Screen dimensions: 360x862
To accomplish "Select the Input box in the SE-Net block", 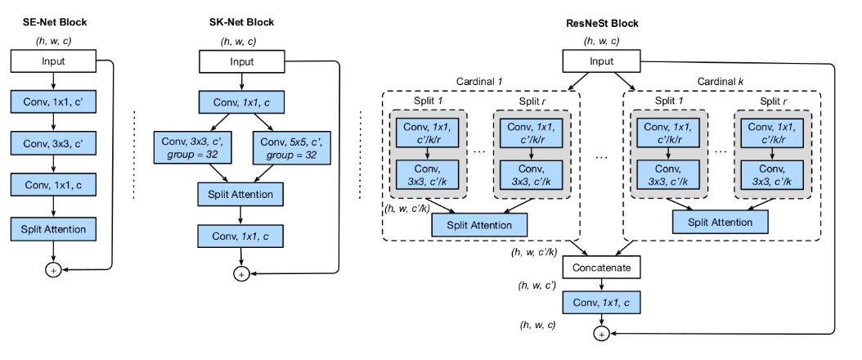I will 53,60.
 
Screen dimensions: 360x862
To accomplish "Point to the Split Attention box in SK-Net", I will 240,194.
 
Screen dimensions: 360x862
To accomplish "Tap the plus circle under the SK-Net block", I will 240,274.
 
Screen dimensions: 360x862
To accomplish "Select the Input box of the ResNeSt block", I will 601,60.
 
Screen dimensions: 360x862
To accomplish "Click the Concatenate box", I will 601,268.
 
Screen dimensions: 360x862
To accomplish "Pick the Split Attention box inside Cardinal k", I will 721,222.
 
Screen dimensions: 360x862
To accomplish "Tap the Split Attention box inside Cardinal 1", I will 481,223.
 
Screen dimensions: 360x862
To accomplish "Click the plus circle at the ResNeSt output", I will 601,335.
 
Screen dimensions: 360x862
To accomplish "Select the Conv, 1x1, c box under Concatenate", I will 601,304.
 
